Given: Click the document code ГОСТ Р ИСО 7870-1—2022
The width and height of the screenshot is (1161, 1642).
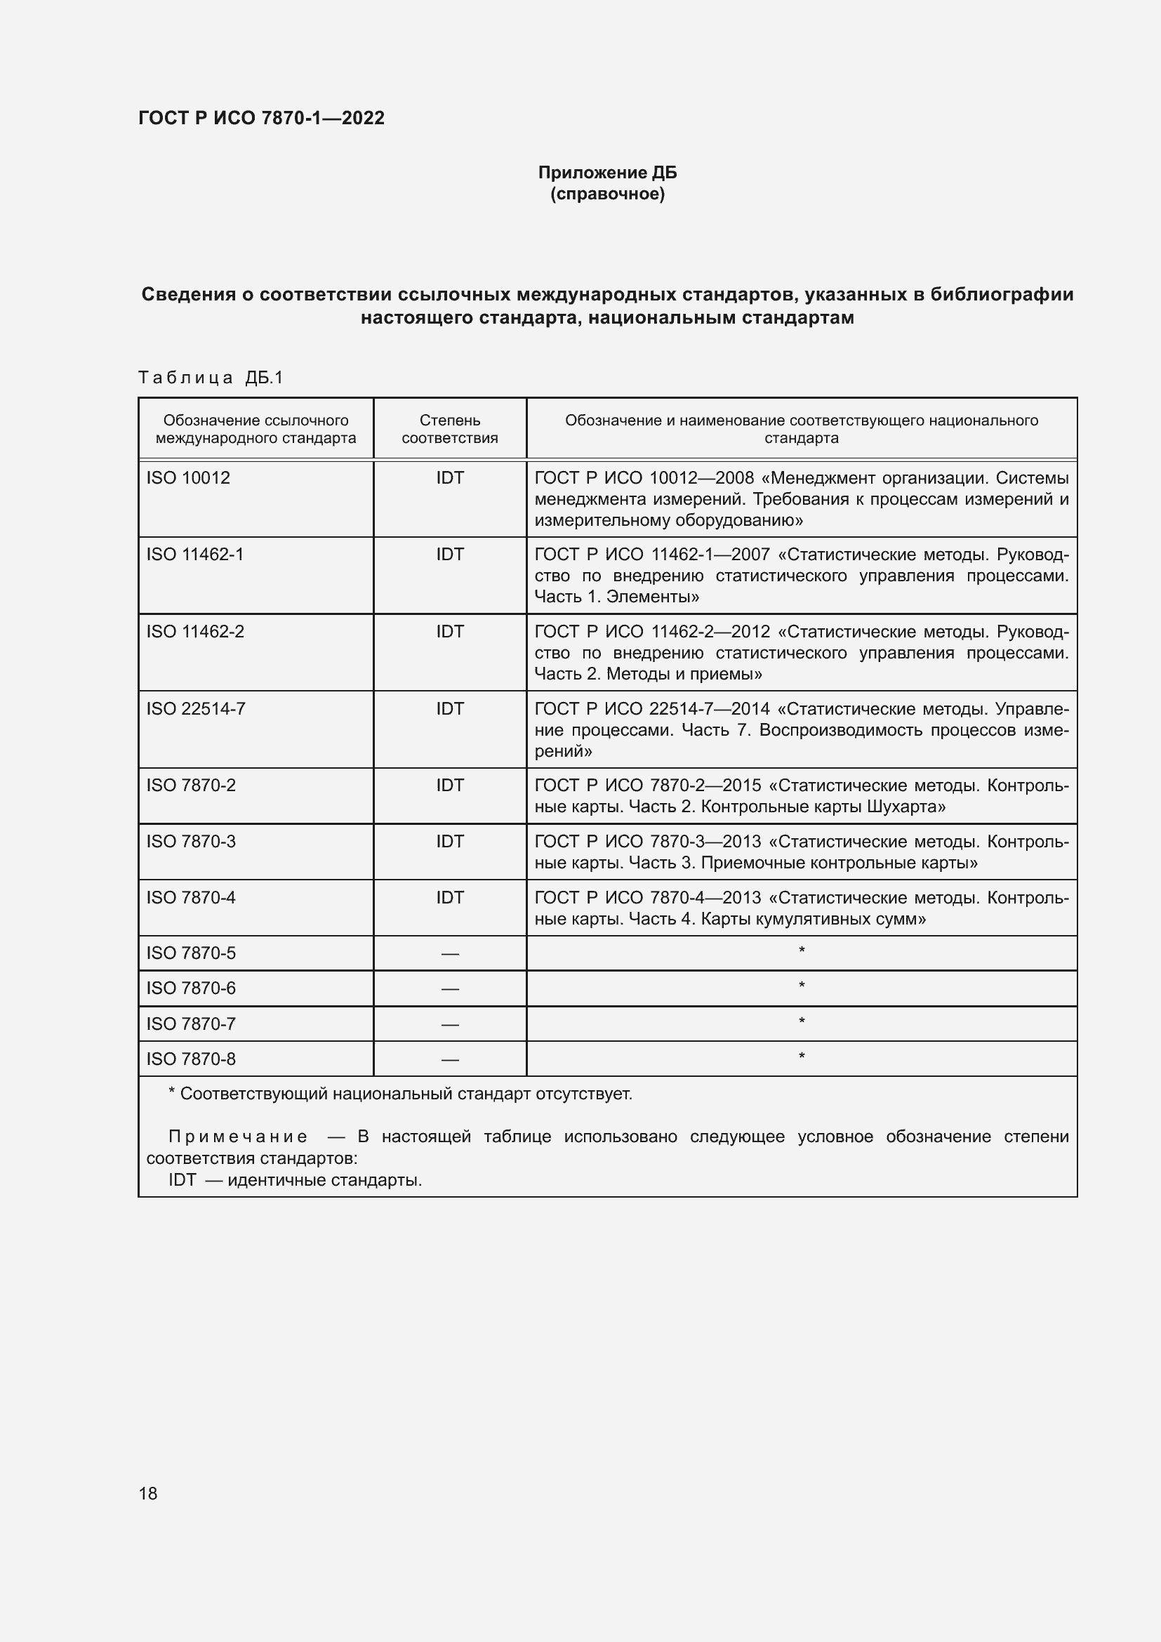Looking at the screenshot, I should point(261,118).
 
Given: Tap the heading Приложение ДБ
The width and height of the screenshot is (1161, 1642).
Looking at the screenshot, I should point(607,173).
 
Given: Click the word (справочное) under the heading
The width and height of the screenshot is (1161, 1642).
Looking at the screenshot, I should point(607,194).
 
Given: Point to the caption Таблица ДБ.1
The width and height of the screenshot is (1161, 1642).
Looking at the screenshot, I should point(211,378).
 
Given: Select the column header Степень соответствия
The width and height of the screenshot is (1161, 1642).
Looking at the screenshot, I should point(450,429).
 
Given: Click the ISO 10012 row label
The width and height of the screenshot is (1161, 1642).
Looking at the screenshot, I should point(189,478).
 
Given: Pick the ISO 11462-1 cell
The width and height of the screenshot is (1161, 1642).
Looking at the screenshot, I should point(195,555).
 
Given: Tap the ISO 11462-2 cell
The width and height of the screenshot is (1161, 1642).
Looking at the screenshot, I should point(195,632).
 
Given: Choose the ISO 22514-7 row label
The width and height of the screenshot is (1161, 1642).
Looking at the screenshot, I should point(196,709).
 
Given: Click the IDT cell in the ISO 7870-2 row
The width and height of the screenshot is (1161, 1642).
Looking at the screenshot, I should point(450,786).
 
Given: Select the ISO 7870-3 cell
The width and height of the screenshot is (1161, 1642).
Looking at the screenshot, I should point(191,841).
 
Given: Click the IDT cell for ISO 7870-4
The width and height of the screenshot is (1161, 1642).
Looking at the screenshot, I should point(450,898).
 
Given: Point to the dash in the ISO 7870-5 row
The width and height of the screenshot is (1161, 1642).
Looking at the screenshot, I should point(450,954).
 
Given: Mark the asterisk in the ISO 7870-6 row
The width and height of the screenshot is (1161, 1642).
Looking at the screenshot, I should point(802,987).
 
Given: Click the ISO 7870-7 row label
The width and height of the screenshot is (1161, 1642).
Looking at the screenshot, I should point(191,1024).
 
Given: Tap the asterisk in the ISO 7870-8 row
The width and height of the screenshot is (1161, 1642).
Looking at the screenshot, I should point(802,1057).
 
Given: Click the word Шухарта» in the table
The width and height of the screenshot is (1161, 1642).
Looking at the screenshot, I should point(905,807).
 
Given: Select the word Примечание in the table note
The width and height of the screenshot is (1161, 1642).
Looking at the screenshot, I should point(238,1137).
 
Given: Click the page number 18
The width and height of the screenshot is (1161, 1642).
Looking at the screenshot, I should point(148,1493).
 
